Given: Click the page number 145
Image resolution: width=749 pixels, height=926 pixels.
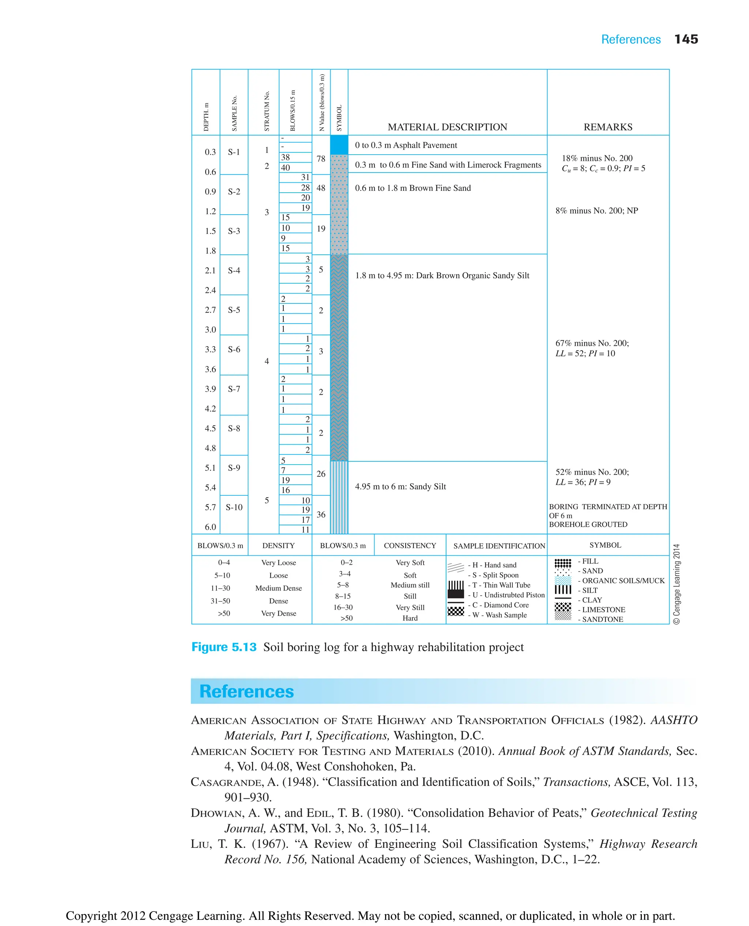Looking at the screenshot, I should coord(686,39).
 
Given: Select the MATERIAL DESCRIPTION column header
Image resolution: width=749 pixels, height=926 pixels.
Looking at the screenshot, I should coord(447,127).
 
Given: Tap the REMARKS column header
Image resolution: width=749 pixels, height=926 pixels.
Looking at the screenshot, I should coord(607,127).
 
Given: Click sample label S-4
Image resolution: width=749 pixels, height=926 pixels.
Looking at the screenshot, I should coord(234,271).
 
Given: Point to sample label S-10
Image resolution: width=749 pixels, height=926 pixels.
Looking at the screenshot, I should coord(234,507).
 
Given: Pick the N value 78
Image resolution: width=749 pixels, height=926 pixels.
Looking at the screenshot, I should coord(321,159).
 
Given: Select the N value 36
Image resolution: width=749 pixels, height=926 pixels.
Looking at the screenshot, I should coord(321,514).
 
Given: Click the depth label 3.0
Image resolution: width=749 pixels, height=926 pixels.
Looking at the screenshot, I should coord(210,329).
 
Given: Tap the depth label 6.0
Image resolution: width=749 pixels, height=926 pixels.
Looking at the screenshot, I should coord(210,527).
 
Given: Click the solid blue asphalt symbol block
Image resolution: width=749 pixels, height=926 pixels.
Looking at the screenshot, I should coord(339,145).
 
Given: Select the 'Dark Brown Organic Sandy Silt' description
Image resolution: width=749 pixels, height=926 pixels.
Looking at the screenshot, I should coord(442,276).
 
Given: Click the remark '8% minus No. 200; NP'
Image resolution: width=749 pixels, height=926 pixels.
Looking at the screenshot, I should coord(596,211).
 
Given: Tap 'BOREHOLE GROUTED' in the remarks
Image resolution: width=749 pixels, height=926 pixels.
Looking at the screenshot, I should coord(588,525).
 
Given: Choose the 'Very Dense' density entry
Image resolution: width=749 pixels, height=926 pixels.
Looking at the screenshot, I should coord(278,613).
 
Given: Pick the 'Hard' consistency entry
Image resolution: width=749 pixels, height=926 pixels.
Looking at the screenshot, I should coord(410,618).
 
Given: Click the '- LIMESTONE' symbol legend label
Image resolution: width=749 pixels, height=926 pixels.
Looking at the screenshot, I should coord(602,609).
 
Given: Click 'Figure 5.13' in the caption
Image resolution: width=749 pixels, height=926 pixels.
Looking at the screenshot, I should coord(223,647).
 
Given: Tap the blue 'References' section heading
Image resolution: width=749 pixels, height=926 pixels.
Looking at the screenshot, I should coord(246,691).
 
